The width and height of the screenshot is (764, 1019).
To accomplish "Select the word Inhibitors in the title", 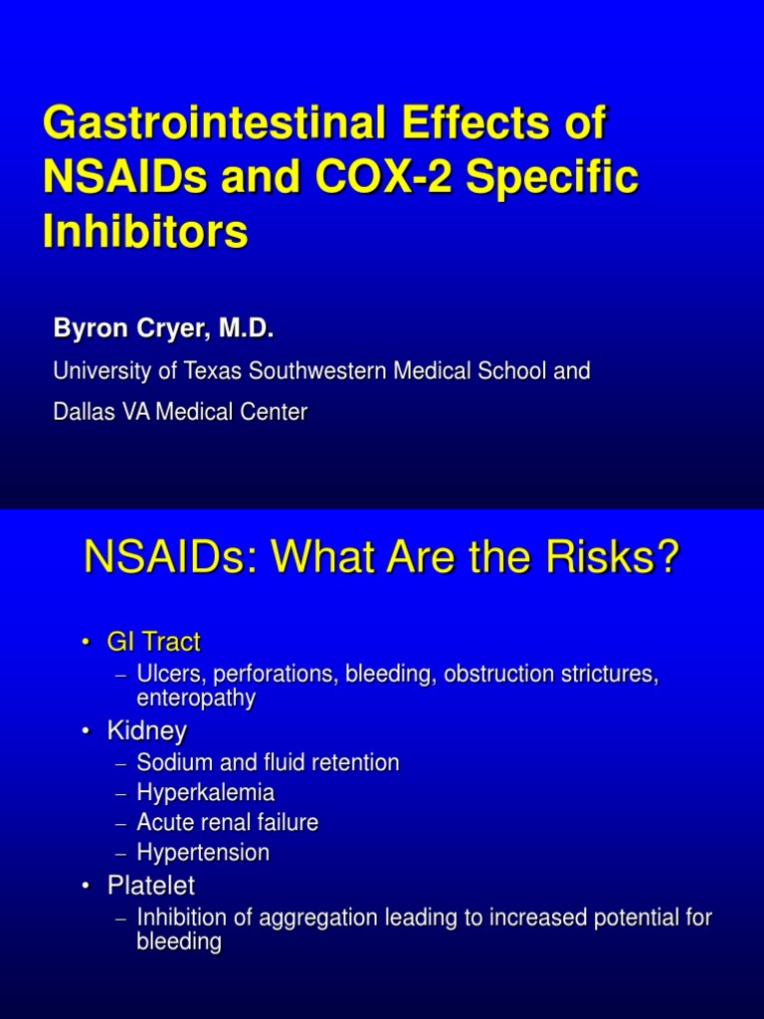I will pyautogui.click(x=145, y=232).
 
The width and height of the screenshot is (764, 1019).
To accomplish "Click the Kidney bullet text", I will pyautogui.click(x=147, y=731).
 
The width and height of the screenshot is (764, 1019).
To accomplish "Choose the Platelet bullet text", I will pyautogui.click(x=151, y=885).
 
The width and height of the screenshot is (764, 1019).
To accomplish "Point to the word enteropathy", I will pyautogui.click(x=196, y=699).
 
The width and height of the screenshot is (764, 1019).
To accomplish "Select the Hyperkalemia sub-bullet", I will pyautogui.click(x=206, y=793).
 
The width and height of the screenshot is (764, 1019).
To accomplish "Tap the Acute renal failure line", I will pyautogui.click(x=228, y=823).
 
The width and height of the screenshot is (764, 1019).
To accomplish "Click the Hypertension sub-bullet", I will pyautogui.click(x=203, y=853).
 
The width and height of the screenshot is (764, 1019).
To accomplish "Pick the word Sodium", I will pyautogui.click(x=170, y=763).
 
